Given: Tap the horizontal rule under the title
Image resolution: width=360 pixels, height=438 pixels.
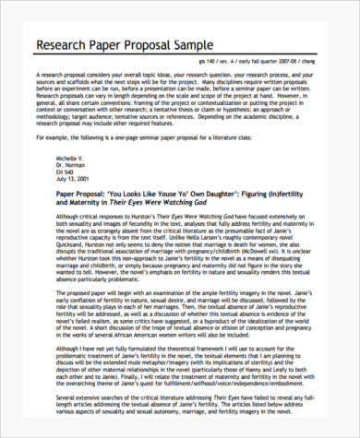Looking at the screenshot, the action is (180, 58).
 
